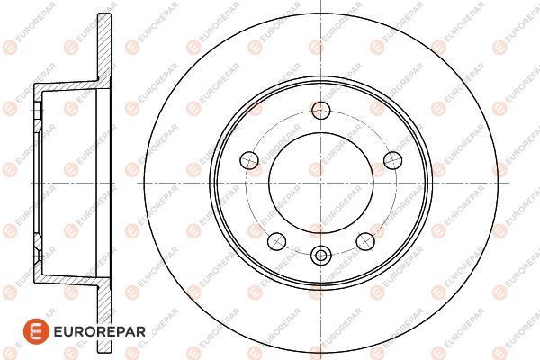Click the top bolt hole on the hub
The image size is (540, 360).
[x=319, y=112]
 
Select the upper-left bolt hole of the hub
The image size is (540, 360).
[x=251, y=160]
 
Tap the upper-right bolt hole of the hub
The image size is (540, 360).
[x=391, y=160]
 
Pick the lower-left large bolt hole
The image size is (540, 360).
[x=275, y=240]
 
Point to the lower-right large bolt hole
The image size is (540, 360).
[x=364, y=240]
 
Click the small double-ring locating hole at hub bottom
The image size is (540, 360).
[x=319, y=256]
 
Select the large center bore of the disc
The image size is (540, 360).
[x=319, y=184]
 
